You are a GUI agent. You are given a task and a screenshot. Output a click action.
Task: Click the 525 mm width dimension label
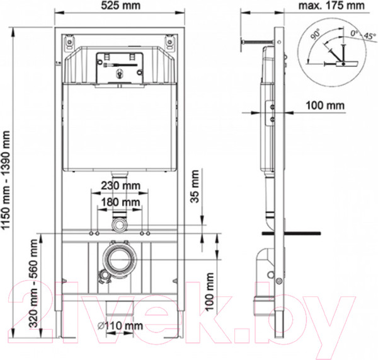pos(117,6)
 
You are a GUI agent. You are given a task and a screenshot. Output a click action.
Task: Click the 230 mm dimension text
pos(120,187)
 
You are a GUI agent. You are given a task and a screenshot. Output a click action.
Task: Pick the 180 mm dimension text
pos(120,202)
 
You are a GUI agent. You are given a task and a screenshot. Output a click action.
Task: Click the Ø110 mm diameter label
pos(120,327)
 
